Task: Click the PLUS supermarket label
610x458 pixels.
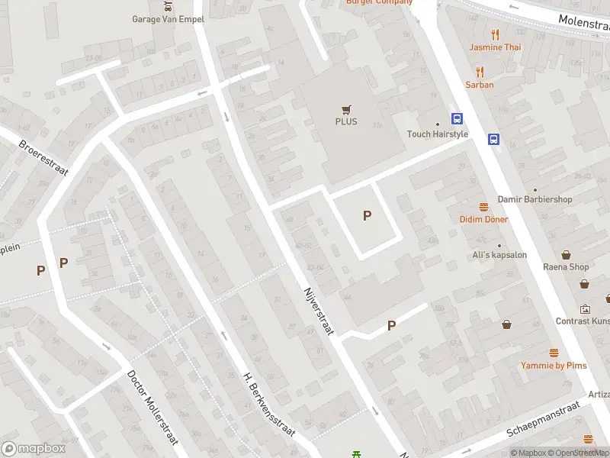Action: click(x=345, y=121)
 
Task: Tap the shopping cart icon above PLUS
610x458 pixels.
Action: click(x=346, y=109)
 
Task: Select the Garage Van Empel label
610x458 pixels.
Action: click(x=168, y=19)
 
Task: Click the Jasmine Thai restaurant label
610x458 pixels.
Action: click(x=496, y=47)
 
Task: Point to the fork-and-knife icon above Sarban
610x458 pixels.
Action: click(x=480, y=72)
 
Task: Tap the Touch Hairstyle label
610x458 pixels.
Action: click(x=438, y=134)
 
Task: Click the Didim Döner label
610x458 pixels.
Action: click(x=483, y=219)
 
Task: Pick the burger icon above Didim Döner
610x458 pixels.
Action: click(x=483, y=207)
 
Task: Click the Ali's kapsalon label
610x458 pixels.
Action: click(x=499, y=255)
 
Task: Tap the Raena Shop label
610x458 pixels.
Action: click(x=567, y=267)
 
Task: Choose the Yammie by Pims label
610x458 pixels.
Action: click(x=554, y=366)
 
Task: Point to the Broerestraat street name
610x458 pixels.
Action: click(x=43, y=157)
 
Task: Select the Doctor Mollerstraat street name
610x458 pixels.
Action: click(x=153, y=407)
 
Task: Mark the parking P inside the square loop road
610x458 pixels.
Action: click(x=367, y=216)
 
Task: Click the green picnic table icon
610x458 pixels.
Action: click(x=357, y=454)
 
